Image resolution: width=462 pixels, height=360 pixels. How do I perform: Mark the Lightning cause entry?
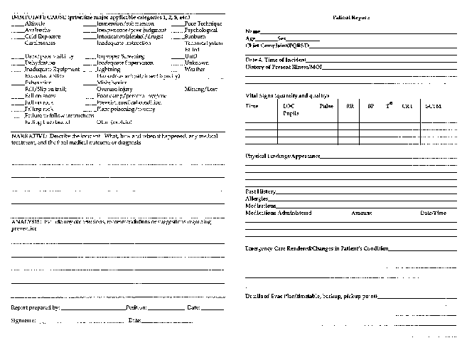coord(107,69)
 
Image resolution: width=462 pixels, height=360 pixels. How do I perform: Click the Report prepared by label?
coord(36,307)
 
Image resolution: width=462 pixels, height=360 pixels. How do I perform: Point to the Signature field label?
coord(23,321)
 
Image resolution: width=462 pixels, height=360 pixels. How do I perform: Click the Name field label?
coord(252,32)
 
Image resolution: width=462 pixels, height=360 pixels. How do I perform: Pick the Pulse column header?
coord(326,106)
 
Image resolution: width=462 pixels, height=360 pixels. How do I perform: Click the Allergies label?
coord(257,198)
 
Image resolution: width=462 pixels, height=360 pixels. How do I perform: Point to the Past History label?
coord(261,191)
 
